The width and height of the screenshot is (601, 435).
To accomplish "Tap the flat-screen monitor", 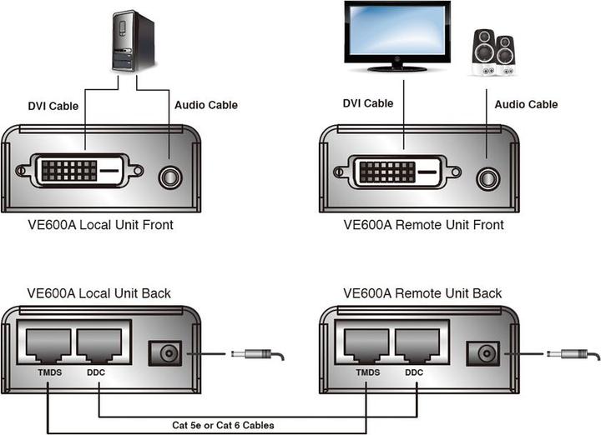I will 397,33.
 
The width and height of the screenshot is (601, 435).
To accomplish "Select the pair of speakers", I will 494,52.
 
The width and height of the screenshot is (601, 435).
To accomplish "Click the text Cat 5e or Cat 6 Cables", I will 224,426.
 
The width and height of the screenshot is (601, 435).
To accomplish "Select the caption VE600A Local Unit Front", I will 100,225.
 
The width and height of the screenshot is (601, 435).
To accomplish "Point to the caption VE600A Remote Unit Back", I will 422,293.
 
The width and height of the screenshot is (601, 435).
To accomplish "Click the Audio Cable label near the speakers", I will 526,105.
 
